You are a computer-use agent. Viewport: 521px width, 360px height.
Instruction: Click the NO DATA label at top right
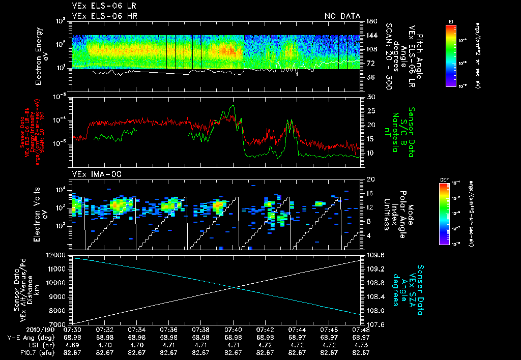[342, 16]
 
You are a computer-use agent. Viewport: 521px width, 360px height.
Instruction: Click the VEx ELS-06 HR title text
[104, 16]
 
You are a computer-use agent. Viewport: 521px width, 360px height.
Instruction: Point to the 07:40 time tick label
[233, 329]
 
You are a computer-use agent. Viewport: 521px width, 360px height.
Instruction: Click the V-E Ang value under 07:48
[361, 337]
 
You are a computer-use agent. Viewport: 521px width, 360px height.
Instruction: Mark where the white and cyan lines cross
[234, 288]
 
